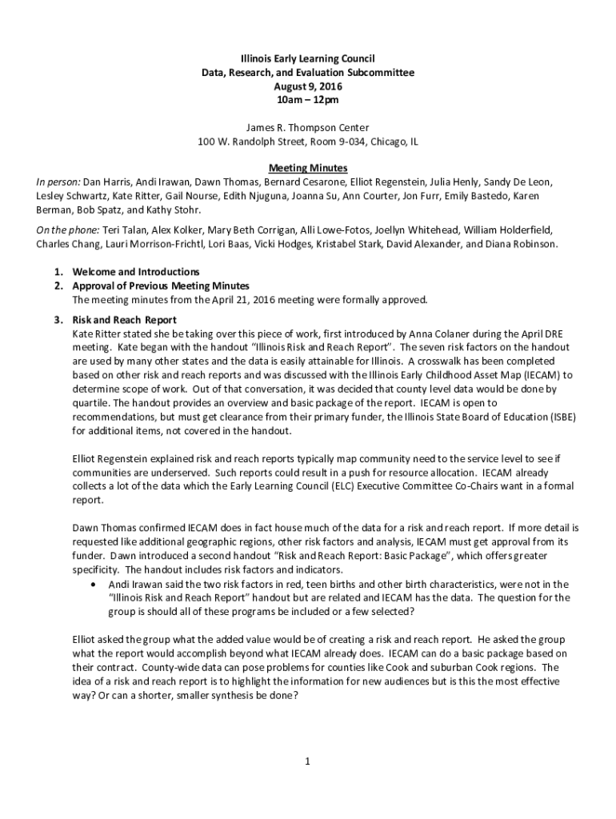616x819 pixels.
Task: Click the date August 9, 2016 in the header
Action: point(307,86)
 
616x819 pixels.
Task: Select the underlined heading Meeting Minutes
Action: point(307,168)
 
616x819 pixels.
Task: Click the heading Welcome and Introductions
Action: point(136,272)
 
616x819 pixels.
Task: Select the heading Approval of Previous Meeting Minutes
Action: point(161,286)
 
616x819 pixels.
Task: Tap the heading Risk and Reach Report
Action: point(124,320)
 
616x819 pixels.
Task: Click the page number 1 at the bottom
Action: point(307,761)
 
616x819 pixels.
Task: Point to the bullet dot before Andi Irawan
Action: point(91,584)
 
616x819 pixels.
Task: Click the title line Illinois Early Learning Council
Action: point(307,58)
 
